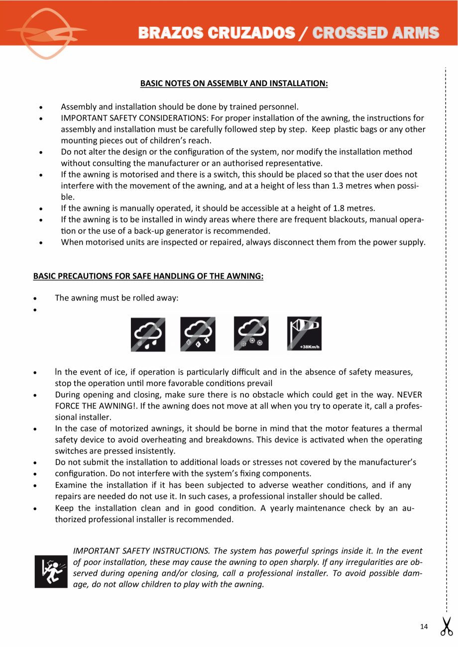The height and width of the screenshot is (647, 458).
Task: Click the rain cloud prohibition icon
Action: [148, 334]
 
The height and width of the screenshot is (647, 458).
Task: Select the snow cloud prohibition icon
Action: [251, 334]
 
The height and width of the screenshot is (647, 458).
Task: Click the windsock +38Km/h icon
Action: [304, 334]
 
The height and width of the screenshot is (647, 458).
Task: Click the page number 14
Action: [424, 627]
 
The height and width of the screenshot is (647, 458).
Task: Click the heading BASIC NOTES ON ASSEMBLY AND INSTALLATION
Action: [234, 83]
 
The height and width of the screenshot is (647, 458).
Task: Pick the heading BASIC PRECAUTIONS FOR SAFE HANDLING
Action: [148, 276]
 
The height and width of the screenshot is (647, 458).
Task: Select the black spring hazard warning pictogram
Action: [51, 570]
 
